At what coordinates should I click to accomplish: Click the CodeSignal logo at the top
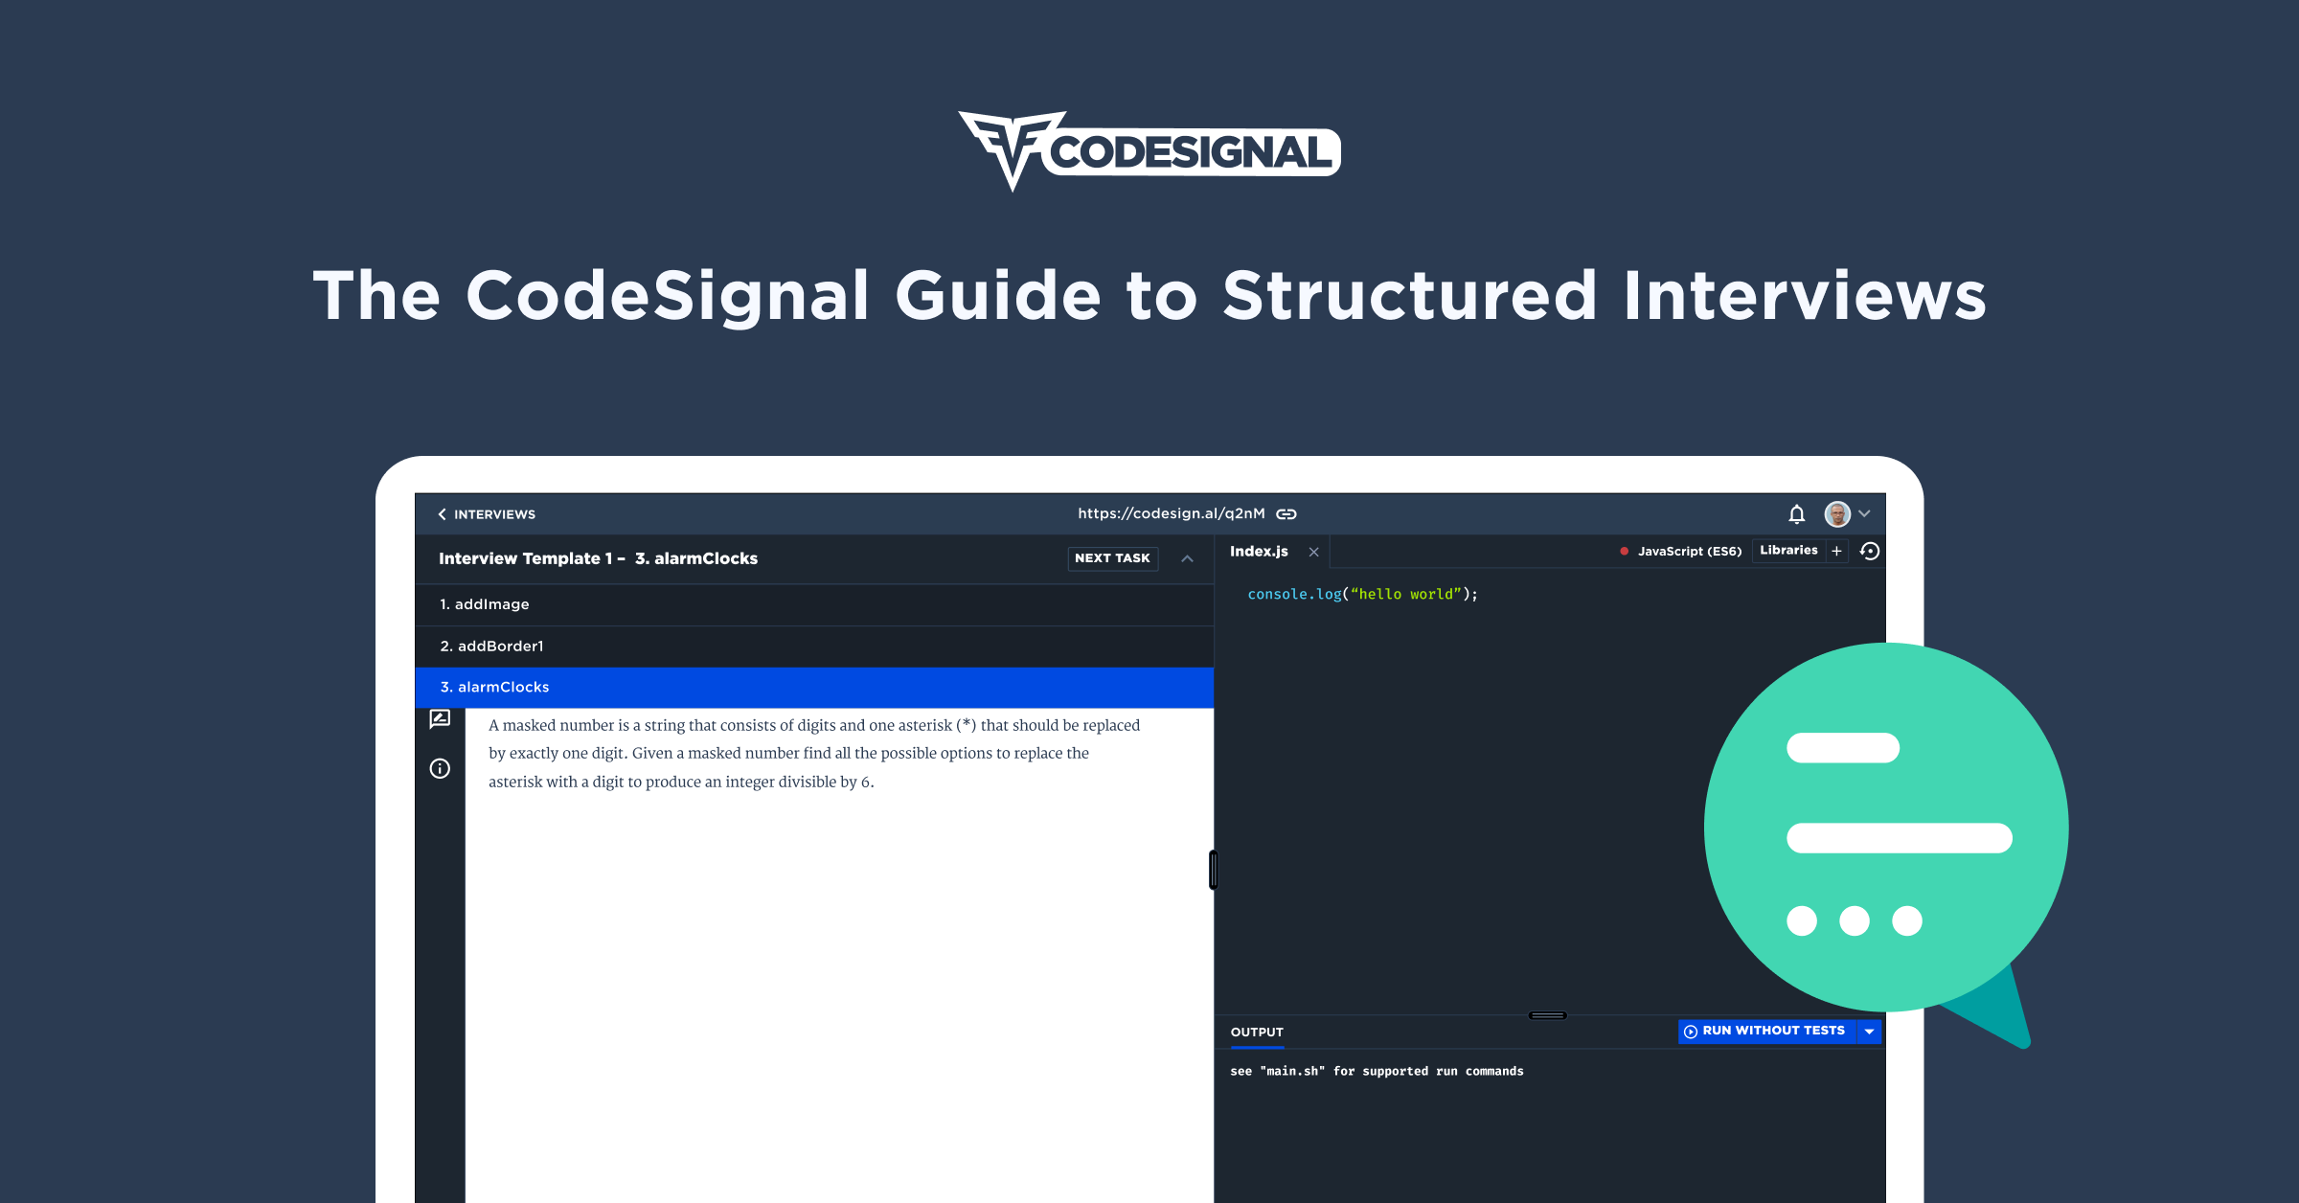[1149, 151]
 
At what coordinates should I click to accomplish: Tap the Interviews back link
[487, 514]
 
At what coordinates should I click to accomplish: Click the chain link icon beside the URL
[1286, 514]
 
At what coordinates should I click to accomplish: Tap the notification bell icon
[1797, 514]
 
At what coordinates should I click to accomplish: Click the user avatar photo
[1837, 514]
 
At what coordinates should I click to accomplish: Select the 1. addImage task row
[814, 604]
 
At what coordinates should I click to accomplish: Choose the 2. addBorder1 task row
[814, 647]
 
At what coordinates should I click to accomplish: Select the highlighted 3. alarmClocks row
[814, 688]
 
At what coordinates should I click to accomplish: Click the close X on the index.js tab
[1314, 552]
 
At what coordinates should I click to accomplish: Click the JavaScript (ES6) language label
[1690, 551]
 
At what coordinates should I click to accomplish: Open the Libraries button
[1788, 551]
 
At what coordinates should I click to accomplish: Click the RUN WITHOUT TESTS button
[1767, 1031]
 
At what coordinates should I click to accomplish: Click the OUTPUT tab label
[1257, 1032]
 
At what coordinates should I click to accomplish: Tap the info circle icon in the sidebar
[440, 768]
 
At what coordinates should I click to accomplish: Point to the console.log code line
[1362, 595]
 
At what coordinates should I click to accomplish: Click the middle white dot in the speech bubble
[1855, 920]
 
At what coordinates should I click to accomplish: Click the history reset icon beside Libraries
[1870, 551]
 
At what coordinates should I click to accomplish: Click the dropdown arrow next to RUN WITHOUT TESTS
[1869, 1031]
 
